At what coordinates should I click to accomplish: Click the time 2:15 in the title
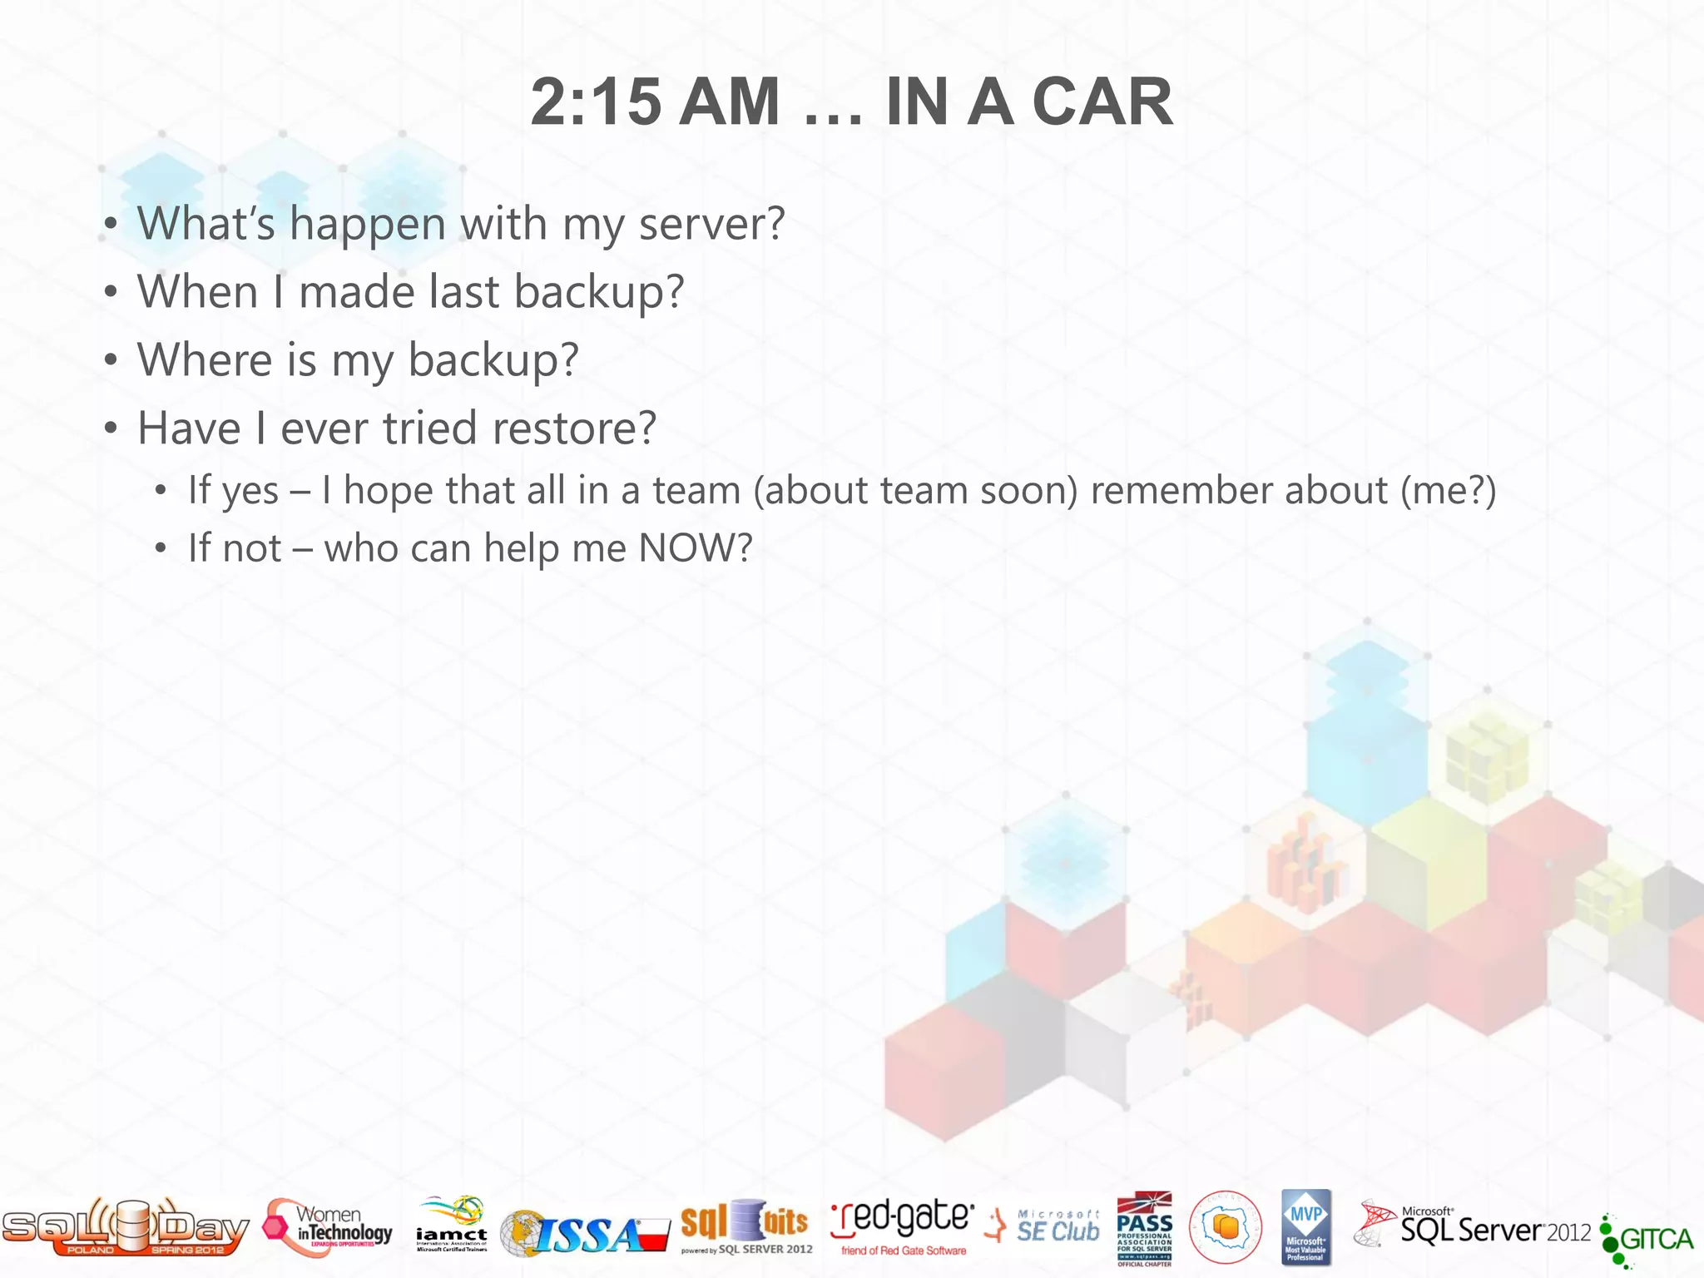[595, 102]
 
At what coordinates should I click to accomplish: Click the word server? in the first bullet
[711, 224]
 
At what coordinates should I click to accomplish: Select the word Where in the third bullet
[205, 360]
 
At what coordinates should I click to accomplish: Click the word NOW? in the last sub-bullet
[695, 548]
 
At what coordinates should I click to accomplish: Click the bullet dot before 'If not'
[161, 548]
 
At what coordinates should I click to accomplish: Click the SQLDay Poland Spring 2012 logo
[125, 1228]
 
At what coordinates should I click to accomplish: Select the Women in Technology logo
[329, 1228]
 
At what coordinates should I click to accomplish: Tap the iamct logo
[452, 1226]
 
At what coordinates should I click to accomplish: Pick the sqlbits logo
[745, 1226]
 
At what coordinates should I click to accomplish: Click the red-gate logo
[902, 1226]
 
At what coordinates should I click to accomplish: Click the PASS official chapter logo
[1144, 1228]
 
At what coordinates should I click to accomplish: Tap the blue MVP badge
[1305, 1227]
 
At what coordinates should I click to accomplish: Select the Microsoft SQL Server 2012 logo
[1473, 1228]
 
